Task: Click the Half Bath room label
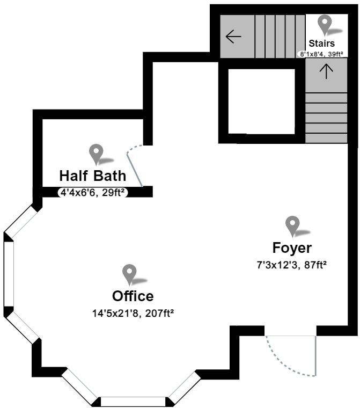[92, 176]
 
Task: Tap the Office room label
[133, 296]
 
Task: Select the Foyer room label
[292, 248]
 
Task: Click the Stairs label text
[321, 43]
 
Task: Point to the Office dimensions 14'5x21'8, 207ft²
[133, 311]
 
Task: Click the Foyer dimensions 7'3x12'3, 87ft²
[292, 264]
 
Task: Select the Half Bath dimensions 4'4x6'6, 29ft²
[92, 192]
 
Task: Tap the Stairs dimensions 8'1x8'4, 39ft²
[321, 54]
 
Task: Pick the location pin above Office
[129, 273]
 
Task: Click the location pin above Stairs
[325, 24]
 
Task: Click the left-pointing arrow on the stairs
[233, 37]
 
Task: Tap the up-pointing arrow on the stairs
[326, 71]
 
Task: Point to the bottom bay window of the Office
[133, 401]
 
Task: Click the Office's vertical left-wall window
[8, 274]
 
